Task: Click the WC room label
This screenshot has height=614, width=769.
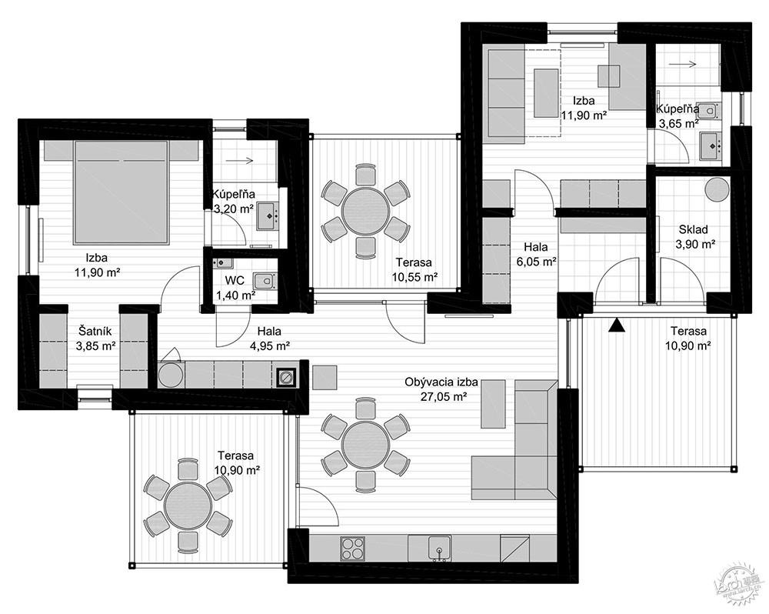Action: (x=235, y=282)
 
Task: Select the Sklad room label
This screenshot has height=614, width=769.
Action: (x=693, y=229)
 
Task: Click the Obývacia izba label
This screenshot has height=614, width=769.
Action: (x=441, y=382)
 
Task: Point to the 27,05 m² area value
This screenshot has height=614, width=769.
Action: (x=443, y=396)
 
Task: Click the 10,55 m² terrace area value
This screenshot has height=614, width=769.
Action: (x=414, y=277)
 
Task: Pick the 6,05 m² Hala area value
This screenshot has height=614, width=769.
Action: (x=536, y=262)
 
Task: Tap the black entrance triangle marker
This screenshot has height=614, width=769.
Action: (x=617, y=325)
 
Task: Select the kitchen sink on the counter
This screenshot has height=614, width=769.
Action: (x=439, y=549)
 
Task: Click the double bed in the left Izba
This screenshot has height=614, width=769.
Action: (x=121, y=192)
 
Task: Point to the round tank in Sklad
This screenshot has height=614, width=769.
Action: (x=717, y=189)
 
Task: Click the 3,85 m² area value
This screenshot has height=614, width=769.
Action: (x=95, y=345)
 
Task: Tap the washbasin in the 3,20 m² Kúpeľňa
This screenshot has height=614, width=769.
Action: (x=268, y=216)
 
